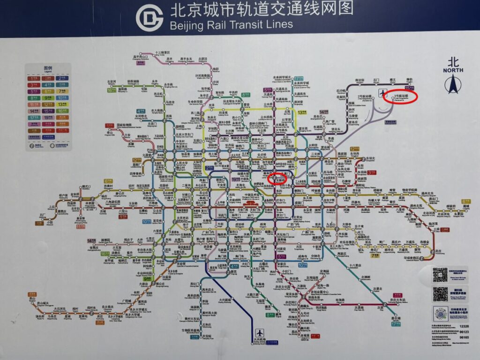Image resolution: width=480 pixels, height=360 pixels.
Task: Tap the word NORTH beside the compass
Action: pos(453,70)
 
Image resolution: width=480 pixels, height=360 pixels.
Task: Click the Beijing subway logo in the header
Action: pos(149,18)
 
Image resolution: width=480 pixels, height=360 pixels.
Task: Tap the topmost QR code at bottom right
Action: pos(440,274)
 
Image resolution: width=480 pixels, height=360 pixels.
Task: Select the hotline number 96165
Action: pos(464,337)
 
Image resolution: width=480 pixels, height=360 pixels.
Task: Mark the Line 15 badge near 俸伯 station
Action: pos(409,88)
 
